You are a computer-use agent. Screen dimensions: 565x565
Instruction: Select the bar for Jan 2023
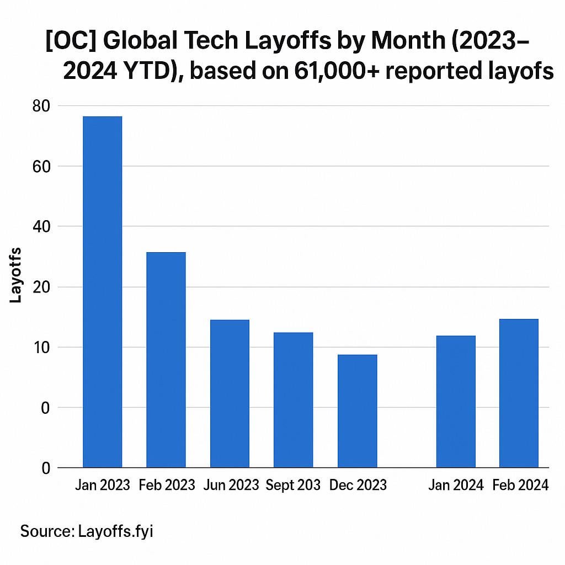coord(102,292)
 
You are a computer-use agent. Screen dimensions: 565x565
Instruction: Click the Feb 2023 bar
coord(166,360)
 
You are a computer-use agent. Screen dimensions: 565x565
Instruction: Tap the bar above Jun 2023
coord(230,393)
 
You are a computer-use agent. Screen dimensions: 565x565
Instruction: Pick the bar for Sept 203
coord(293,400)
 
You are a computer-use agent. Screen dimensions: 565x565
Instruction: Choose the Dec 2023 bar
coord(357,411)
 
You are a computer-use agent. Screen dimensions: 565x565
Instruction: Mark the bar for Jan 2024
coord(456,402)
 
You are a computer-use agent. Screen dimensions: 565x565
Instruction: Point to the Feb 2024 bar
coord(519,393)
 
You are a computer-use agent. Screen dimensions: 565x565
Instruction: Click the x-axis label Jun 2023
coord(231,485)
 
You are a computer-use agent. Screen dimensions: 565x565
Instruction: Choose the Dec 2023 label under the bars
coord(358,485)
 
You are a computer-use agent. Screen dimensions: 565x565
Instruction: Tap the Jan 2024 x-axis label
coord(456,485)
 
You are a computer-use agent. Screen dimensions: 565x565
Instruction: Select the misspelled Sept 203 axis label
coord(293,485)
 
